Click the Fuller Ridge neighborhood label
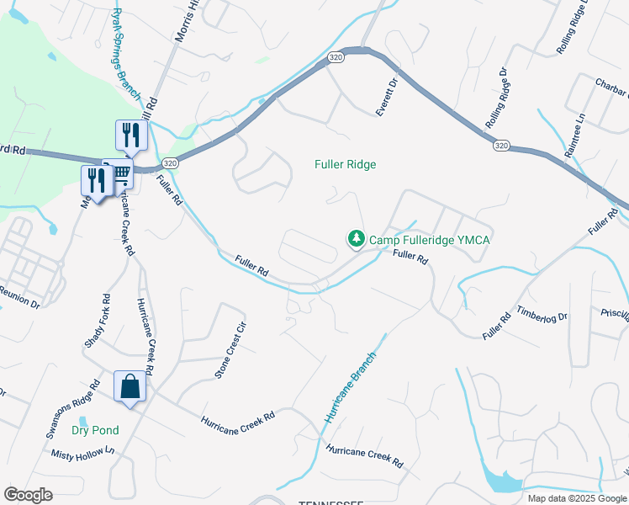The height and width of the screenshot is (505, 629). coord(345,164)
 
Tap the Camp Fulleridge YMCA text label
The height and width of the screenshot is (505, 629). coord(430,240)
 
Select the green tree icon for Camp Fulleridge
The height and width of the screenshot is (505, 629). coord(357,240)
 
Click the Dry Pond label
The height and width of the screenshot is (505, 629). coord(95,430)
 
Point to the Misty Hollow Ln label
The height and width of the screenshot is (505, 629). coord(82,453)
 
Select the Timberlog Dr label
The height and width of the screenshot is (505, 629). coord(542,316)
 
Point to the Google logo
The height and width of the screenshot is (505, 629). coord(29,494)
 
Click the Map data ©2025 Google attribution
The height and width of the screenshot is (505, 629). coord(576,498)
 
